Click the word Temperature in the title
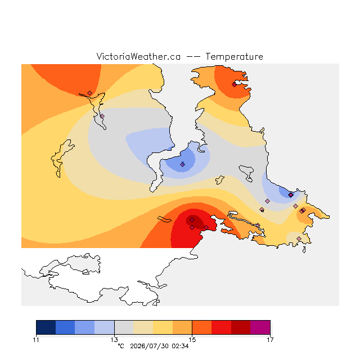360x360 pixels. [x=234, y=56]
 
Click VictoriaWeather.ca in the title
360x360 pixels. [x=138, y=56]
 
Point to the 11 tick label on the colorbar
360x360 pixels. [x=36, y=340]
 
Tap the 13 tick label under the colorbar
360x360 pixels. [x=114, y=340]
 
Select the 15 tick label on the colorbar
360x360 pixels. [x=192, y=340]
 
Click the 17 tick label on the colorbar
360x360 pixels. [x=270, y=340]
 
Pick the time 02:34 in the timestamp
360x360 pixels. [x=180, y=346]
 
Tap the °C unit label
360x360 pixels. [x=121, y=346]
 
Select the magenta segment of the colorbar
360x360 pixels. [x=260, y=327]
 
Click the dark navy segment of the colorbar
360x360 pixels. [x=46, y=327]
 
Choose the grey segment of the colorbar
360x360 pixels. [x=124, y=327]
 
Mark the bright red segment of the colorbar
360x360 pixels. [x=221, y=327]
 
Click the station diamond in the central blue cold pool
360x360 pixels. [x=182, y=164]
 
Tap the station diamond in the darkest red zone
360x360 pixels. [x=192, y=220]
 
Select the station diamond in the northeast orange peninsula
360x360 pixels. [x=234, y=85]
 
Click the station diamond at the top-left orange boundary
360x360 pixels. [x=90, y=93]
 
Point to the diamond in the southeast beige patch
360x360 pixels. [x=299, y=238]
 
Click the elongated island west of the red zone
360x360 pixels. [x=164, y=219]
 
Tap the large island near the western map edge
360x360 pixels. [x=61, y=158]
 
